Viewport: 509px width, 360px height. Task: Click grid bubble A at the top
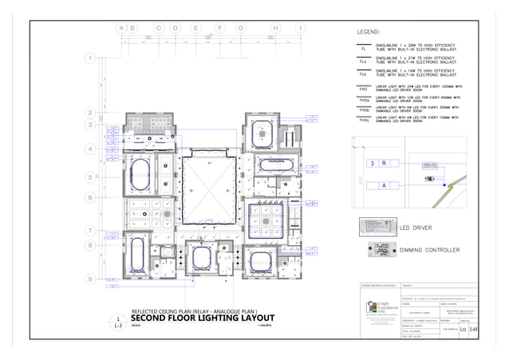pos(122,28)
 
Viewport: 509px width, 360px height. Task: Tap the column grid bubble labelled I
pos(300,28)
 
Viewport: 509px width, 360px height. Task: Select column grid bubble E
pos(195,28)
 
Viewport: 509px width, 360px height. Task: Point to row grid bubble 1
pos(90,58)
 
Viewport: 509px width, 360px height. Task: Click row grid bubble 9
pos(90,279)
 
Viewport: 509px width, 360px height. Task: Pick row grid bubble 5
pos(90,177)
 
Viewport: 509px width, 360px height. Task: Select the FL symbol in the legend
pos(364,49)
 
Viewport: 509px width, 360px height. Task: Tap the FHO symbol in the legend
pos(364,89)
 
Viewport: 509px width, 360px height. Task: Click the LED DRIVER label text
pos(416,228)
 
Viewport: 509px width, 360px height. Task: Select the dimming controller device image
pos(379,250)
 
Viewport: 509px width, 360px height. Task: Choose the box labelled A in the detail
pos(384,185)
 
